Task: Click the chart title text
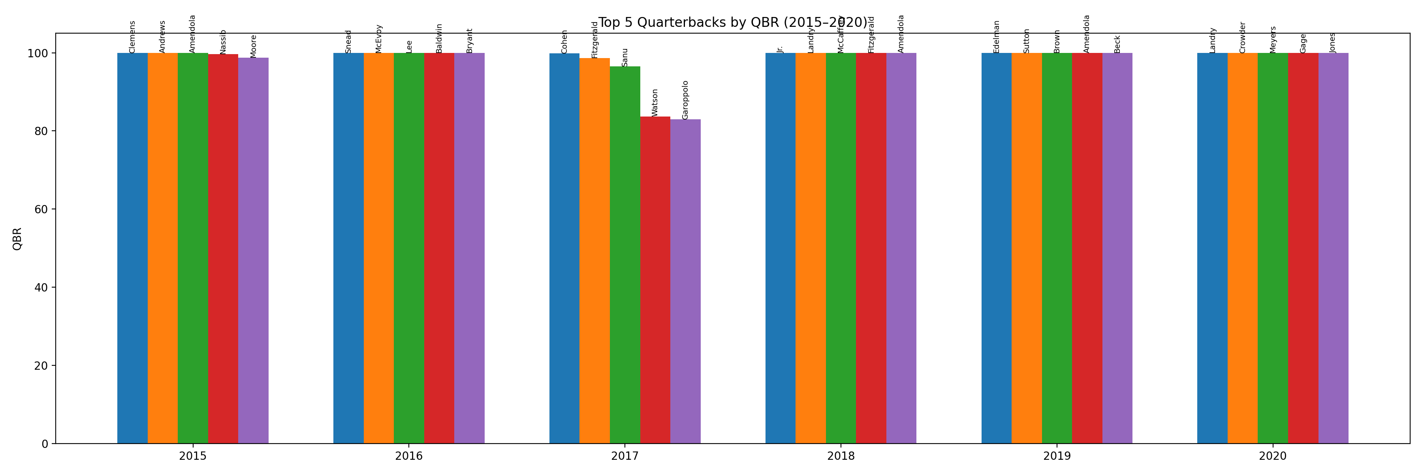[733, 23]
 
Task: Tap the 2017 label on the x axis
[624, 456]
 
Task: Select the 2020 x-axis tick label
[1272, 456]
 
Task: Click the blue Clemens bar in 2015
[132, 248]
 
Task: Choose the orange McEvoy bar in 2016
[379, 248]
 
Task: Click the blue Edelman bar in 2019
[997, 248]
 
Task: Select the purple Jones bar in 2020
[1333, 248]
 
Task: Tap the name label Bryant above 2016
[469, 41]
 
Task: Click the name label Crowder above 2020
[1243, 38]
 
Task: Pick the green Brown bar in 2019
[1057, 248]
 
